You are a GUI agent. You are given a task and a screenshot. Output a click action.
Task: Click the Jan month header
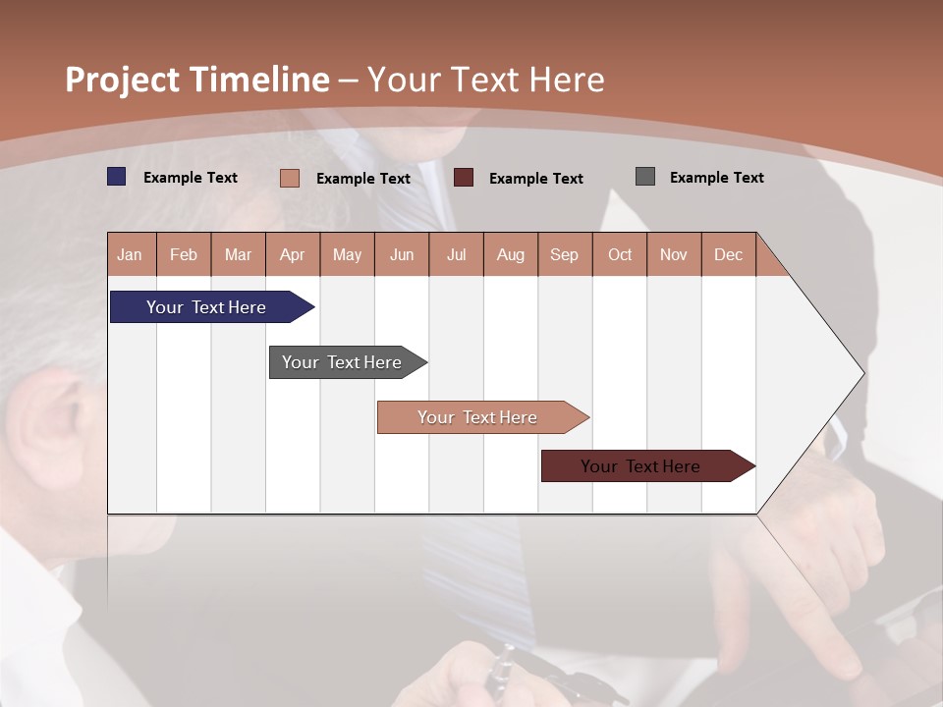click(131, 254)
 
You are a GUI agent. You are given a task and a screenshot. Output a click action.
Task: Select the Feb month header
click(184, 254)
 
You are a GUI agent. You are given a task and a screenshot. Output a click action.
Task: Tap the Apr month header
click(293, 254)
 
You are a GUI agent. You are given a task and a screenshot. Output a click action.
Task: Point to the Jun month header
click(402, 254)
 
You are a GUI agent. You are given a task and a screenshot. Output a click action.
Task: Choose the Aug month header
click(511, 254)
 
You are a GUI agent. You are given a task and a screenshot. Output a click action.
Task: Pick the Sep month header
click(565, 254)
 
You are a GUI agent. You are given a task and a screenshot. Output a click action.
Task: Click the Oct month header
click(620, 254)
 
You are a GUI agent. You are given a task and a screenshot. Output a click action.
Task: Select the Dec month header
click(729, 254)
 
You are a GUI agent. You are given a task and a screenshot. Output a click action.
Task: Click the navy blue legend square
click(117, 177)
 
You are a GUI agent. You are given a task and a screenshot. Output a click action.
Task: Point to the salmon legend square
click(290, 178)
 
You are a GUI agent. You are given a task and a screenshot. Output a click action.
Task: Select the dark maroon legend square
click(464, 178)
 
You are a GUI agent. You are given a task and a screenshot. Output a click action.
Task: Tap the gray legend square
click(645, 177)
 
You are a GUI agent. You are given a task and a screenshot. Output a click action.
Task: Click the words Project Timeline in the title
click(197, 80)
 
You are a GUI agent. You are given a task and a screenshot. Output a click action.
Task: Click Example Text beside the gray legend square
click(716, 178)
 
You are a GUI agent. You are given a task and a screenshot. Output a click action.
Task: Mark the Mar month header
click(238, 254)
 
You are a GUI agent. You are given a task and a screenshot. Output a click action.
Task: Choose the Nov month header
click(674, 254)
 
